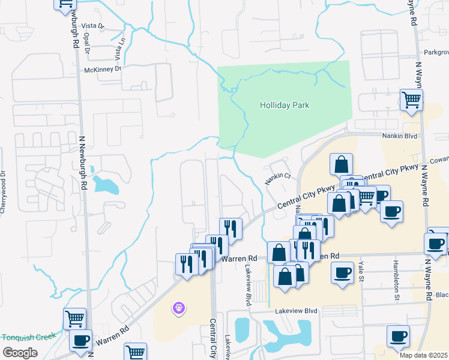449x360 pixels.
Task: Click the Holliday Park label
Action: [284, 105]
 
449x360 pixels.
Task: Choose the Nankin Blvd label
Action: [399, 136]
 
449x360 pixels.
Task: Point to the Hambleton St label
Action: [397, 283]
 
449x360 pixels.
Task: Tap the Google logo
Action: [19, 353]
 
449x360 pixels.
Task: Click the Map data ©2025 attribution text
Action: [423, 355]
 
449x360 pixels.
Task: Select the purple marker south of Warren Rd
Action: [178, 308]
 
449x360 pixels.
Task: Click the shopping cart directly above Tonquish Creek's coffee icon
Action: [74, 318]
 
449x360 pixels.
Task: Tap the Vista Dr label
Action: [92, 26]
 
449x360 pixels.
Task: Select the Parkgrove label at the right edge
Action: [436, 52]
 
